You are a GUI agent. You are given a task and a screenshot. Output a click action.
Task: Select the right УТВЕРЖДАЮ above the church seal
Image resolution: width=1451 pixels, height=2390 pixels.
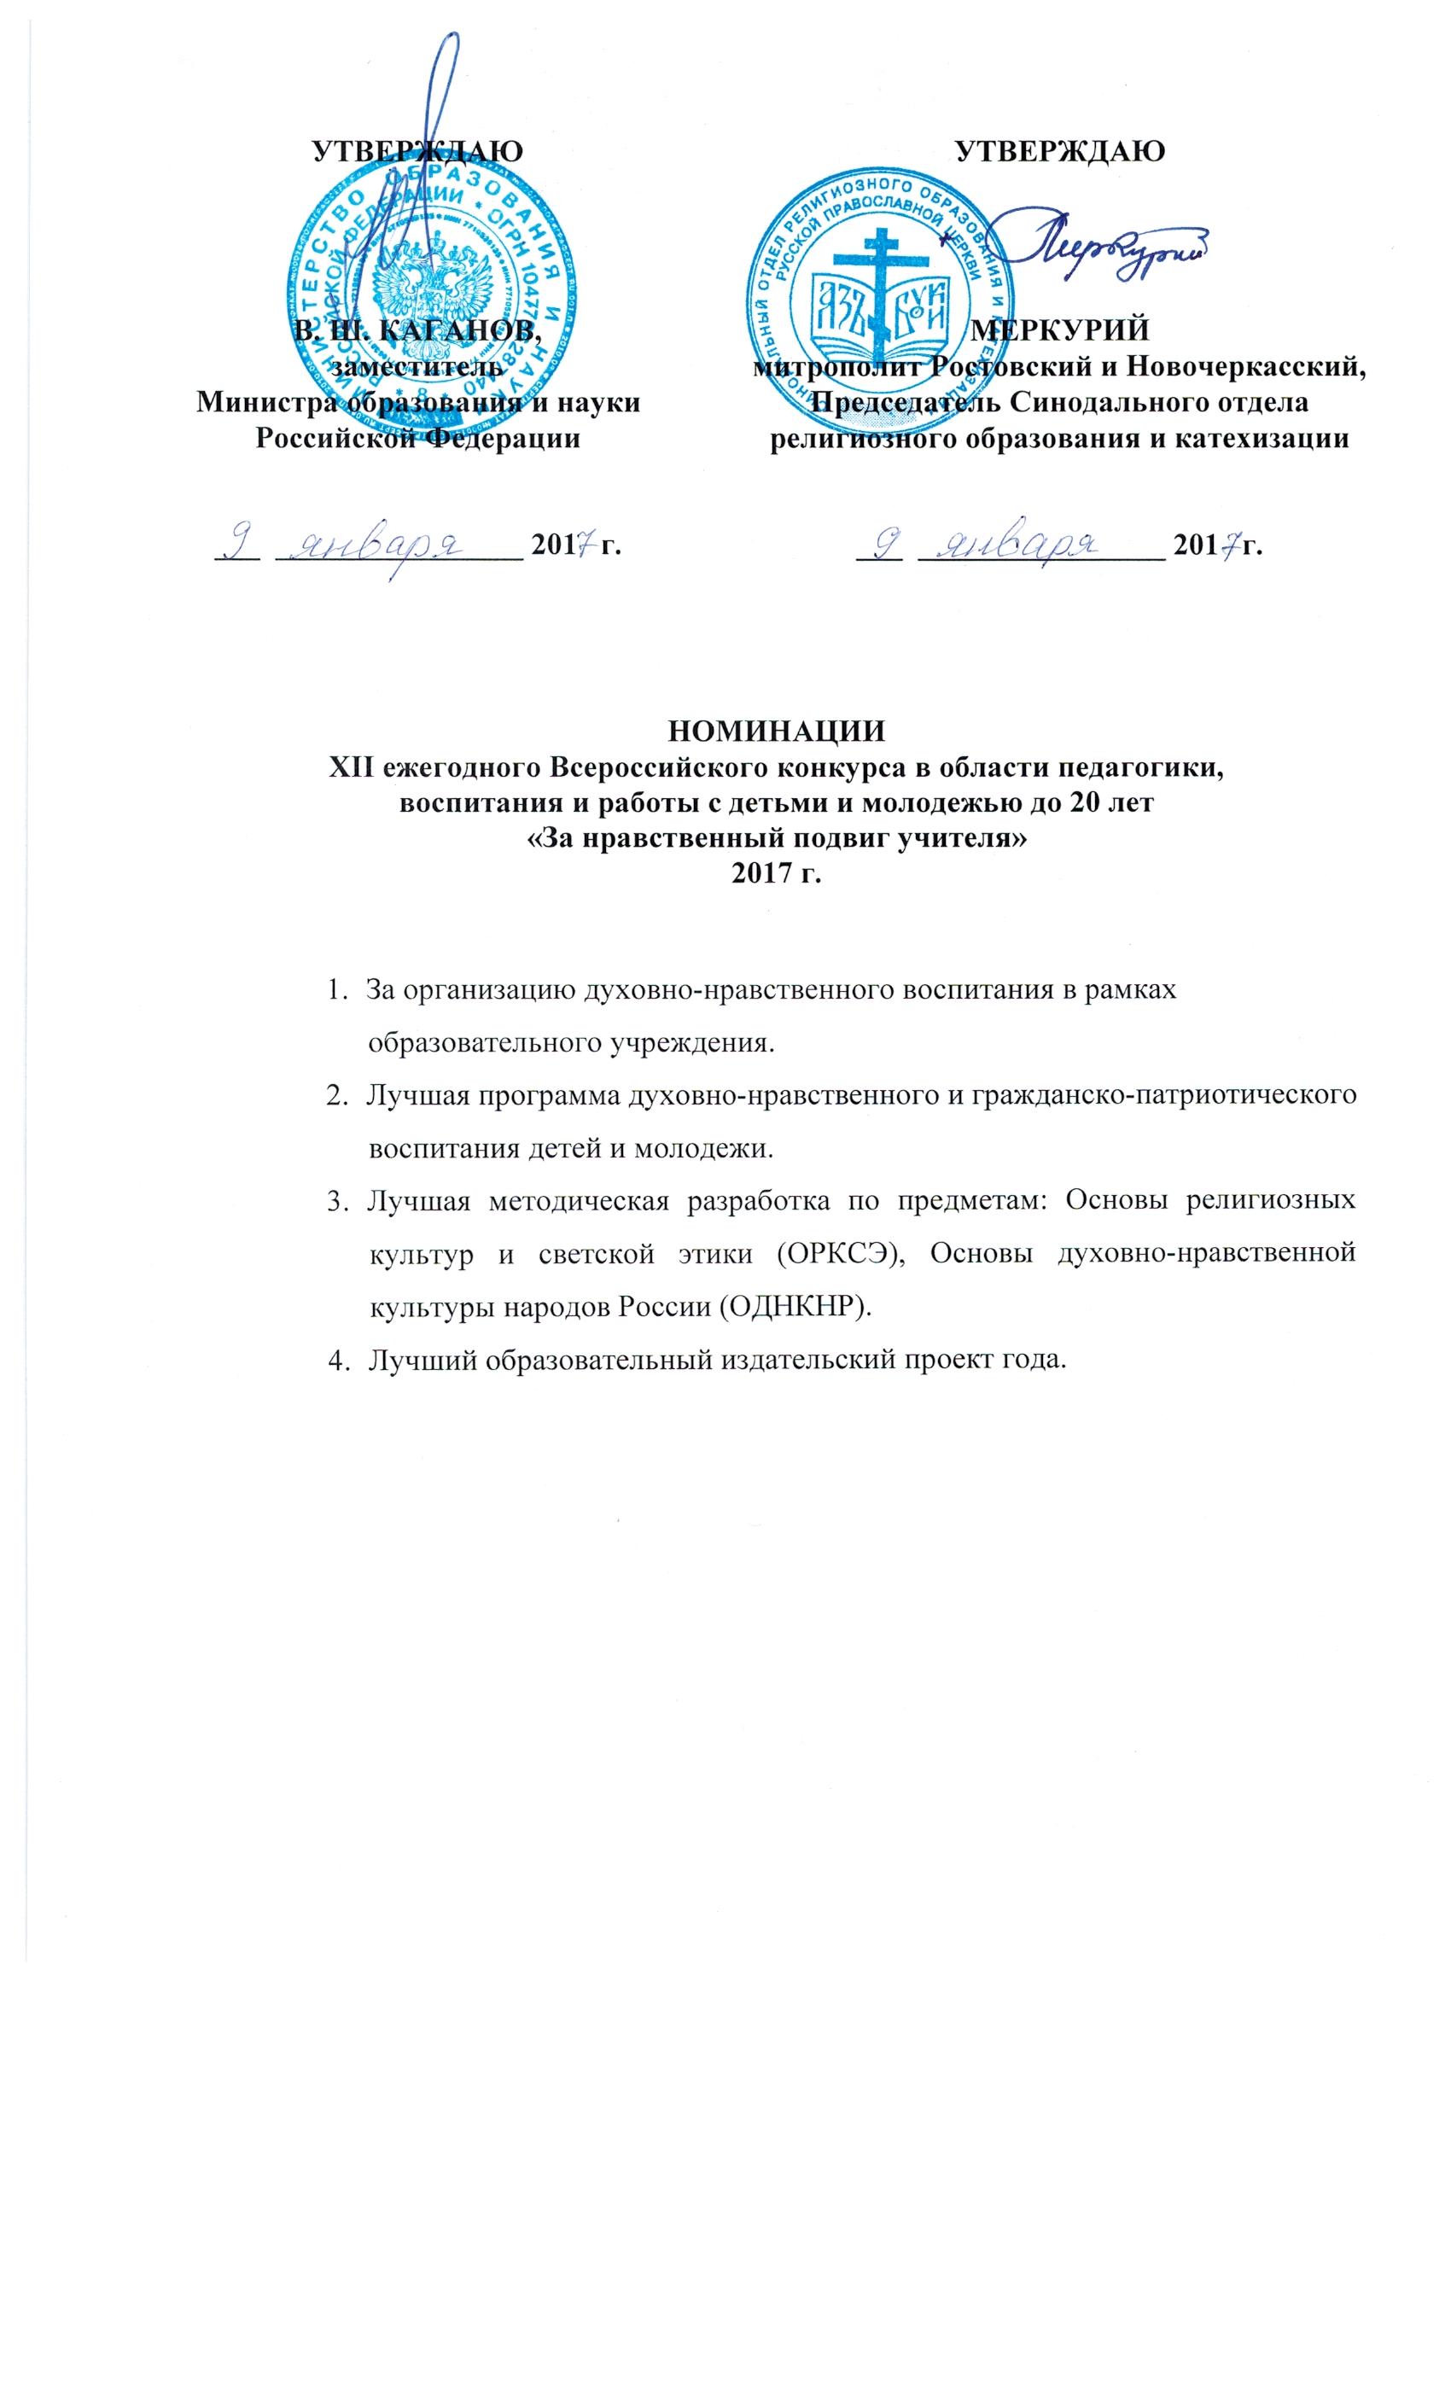coord(1060,151)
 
